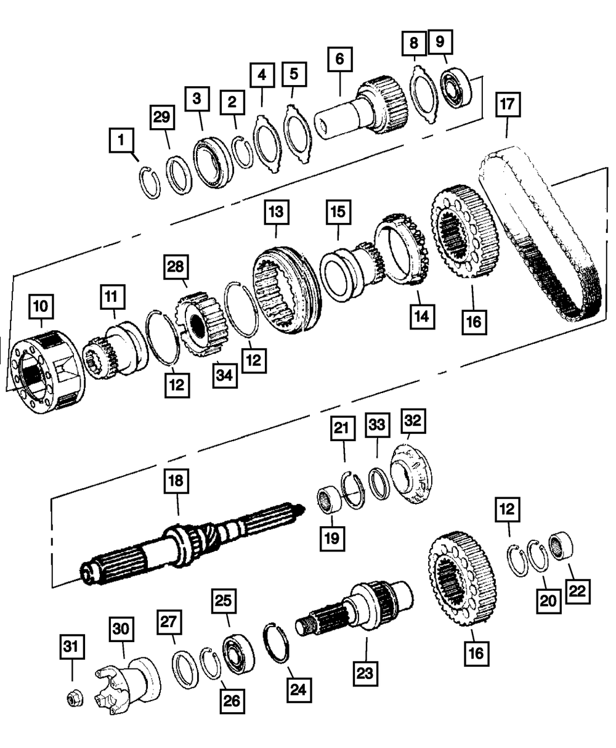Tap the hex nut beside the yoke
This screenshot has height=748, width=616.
coord(74,698)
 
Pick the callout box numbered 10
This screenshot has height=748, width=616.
coord(41,305)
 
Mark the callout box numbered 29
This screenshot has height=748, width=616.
coord(161,119)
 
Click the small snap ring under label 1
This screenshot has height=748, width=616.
coord(148,182)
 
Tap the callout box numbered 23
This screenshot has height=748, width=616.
coord(365,672)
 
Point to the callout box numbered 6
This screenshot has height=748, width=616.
coord(340,61)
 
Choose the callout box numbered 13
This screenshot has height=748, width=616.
coord(275,213)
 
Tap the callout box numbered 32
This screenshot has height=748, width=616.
coord(413,423)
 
